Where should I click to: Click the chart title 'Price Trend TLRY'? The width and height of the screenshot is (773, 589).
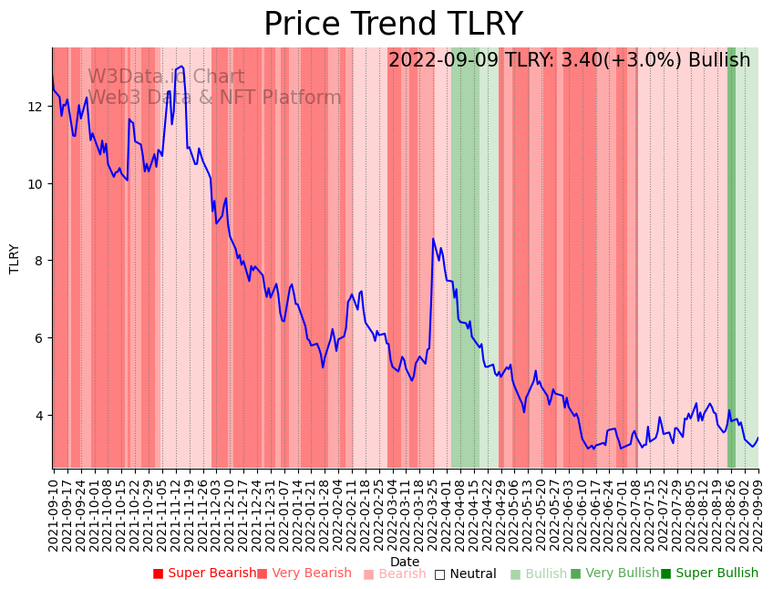coord(393,24)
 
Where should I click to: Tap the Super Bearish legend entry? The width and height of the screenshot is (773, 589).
coord(205,573)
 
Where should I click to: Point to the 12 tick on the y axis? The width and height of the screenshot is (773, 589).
coord(36,107)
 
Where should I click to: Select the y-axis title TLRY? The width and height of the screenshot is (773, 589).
coord(15,259)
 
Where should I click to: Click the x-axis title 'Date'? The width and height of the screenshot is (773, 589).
coord(405,562)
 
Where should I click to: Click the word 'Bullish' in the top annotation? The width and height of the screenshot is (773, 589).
coord(719,60)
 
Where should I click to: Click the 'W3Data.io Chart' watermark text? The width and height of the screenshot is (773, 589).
coord(166,77)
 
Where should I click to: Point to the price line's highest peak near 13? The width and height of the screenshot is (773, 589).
coord(181,67)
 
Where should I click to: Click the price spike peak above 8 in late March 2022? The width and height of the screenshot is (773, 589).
coord(433,239)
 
